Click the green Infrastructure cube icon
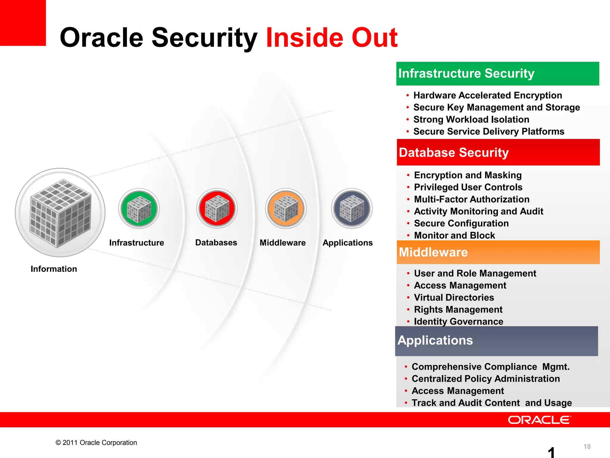click(139, 208)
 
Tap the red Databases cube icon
click(217, 208)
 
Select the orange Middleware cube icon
click(286, 208)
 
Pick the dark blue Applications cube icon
click(352, 208)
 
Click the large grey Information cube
click(60, 213)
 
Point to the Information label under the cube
click(54, 269)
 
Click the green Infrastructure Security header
click(497, 74)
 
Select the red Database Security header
click(498, 152)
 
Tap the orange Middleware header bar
click(498, 252)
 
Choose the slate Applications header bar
click(496, 341)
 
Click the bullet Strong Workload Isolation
click(471, 120)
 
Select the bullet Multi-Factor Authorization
click(472, 199)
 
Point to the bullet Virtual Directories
click(454, 298)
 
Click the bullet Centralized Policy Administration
click(485, 379)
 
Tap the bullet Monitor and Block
click(455, 235)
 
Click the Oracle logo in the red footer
click(539, 420)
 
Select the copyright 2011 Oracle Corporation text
click(96, 442)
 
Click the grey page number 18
click(587, 446)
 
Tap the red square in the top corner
click(23, 23)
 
